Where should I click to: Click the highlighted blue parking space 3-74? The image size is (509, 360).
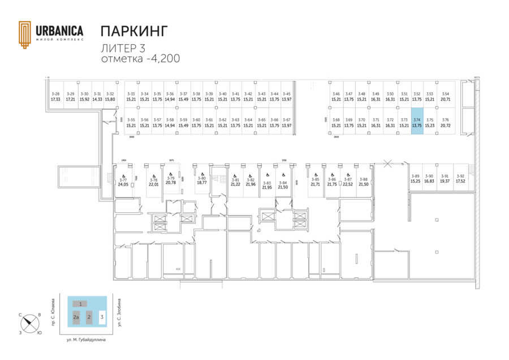click(x=417, y=121)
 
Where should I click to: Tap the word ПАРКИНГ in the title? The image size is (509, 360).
click(x=134, y=31)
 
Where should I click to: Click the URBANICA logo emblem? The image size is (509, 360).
click(x=25, y=35)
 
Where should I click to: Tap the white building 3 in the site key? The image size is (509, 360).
click(x=102, y=317)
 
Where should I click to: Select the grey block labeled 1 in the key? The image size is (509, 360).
click(x=81, y=304)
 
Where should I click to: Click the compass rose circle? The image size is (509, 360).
click(x=29, y=324)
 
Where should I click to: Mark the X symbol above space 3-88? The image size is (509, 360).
click(x=387, y=164)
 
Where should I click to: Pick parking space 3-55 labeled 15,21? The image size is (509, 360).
click(x=131, y=122)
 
